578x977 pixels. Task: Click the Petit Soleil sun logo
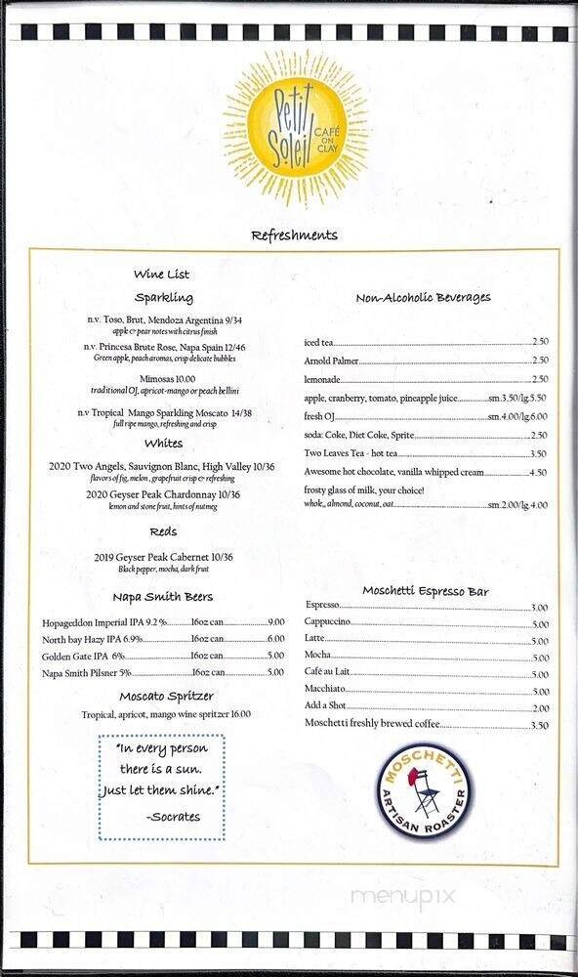point(294,129)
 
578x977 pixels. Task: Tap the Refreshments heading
point(294,235)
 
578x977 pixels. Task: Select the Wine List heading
point(162,275)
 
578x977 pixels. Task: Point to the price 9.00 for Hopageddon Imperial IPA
point(275,622)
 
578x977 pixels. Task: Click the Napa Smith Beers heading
point(163,596)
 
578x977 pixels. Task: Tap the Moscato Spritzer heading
point(166,697)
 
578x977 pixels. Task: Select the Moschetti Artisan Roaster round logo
point(424,789)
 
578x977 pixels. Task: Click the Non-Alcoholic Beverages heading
point(423,298)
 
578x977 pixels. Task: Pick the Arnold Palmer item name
point(332,361)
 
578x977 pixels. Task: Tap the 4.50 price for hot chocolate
point(538,472)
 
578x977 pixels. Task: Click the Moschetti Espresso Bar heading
point(426,591)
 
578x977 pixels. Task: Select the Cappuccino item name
point(328,622)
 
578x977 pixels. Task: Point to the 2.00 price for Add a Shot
point(539,707)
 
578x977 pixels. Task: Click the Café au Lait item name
point(330,674)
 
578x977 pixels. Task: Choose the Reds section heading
point(163,532)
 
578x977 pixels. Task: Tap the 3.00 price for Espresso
point(539,607)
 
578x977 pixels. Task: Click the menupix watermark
point(391,895)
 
